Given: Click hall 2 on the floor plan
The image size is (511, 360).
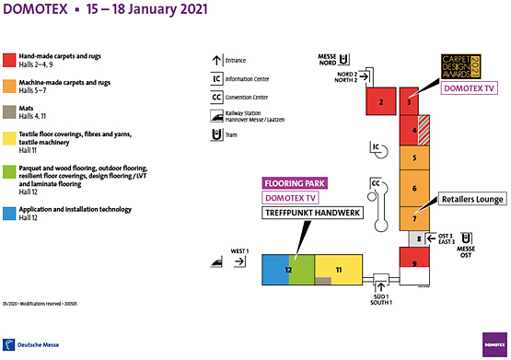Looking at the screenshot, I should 380,101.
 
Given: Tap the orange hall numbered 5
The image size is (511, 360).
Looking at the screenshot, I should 415,158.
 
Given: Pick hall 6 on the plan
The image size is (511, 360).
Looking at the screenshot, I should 415,190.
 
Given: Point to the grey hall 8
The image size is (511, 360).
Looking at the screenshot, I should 417,238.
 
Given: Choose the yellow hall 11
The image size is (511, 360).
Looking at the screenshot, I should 338,270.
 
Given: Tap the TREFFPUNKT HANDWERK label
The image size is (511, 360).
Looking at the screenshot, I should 311,213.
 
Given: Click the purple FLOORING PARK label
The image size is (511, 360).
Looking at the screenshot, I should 296,183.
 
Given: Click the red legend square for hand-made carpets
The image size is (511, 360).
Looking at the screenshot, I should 7,60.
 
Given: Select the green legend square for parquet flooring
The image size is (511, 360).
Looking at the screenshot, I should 7,169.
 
